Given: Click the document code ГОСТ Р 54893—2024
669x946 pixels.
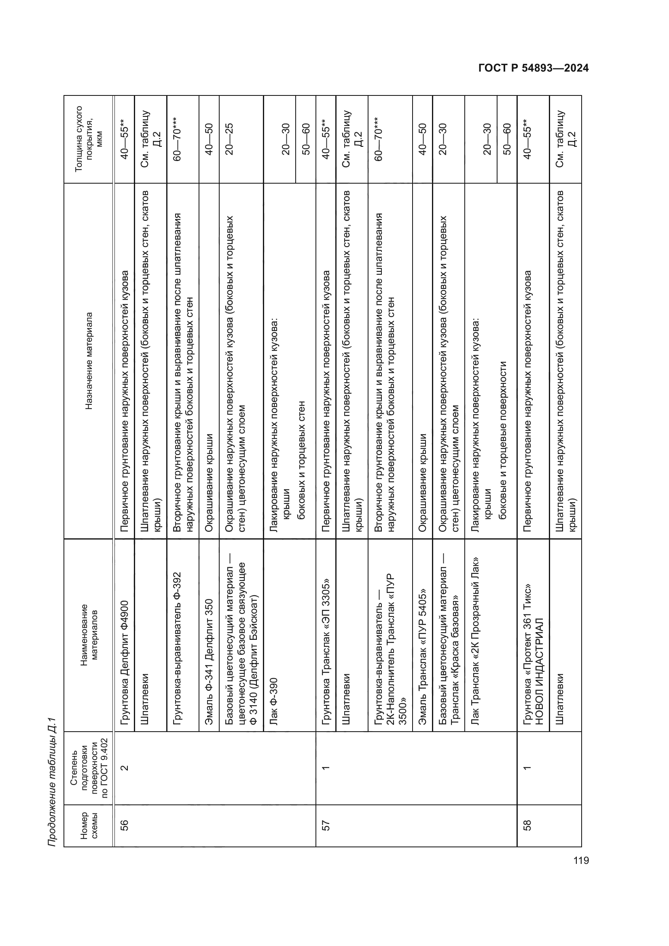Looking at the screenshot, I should pos(533,68).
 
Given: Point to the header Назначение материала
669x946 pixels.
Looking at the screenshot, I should pos(89,361).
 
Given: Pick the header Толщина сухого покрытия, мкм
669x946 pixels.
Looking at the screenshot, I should pos(89,138).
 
